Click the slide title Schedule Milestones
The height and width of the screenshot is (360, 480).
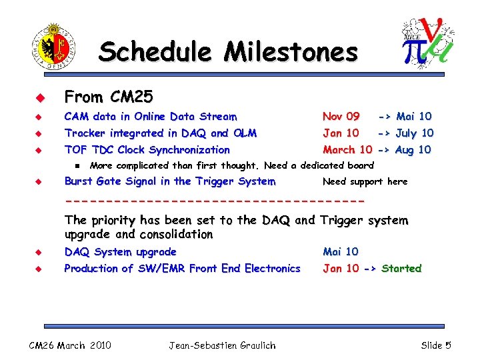(228, 51)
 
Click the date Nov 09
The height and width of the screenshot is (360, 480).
(341, 117)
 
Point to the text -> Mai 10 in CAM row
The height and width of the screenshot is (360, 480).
(405, 117)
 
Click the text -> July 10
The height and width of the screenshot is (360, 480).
(405, 133)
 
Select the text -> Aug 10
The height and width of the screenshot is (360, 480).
(404, 150)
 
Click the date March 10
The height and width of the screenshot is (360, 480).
(347, 150)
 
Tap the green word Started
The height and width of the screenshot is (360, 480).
(401, 269)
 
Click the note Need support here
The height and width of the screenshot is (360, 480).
(365, 181)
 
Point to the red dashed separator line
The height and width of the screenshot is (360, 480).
(215, 201)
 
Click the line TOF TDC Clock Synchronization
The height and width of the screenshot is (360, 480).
(147, 150)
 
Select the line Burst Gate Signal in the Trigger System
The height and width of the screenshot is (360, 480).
(169, 181)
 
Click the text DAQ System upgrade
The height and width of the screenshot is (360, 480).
(120, 252)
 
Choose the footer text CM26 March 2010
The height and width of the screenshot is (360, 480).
(71, 345)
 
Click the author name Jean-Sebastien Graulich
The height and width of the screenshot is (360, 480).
(222, 345)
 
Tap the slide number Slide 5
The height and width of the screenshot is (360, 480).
(436, 345)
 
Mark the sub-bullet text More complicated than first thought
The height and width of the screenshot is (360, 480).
(177, 165)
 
